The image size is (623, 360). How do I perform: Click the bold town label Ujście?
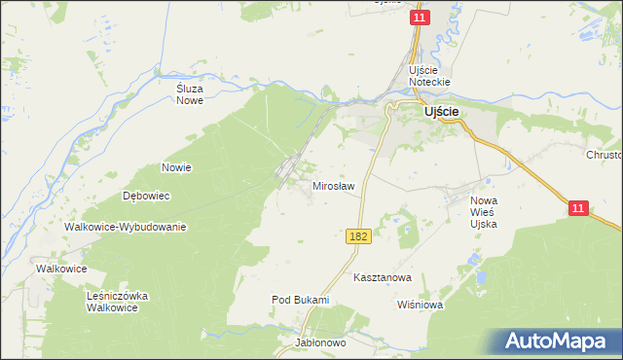tap(442, 112)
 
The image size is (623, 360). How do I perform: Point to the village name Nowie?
tap(176, 167)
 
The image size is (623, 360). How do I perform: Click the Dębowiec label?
tap(147, 196)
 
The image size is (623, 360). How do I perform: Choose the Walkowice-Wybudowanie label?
tap(125, 227)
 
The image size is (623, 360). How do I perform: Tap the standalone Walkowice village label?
tap(61, 269)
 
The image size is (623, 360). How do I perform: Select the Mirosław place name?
tap(333, 185)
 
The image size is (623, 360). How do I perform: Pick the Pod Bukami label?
tap(300, 300)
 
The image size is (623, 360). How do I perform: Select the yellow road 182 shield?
tap(356, 237)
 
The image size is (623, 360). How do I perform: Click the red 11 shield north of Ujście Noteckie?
tap(420, 18)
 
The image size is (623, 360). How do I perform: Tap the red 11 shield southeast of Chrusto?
tap(579, 208)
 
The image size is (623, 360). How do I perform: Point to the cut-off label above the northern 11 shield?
tap(388, 2)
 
